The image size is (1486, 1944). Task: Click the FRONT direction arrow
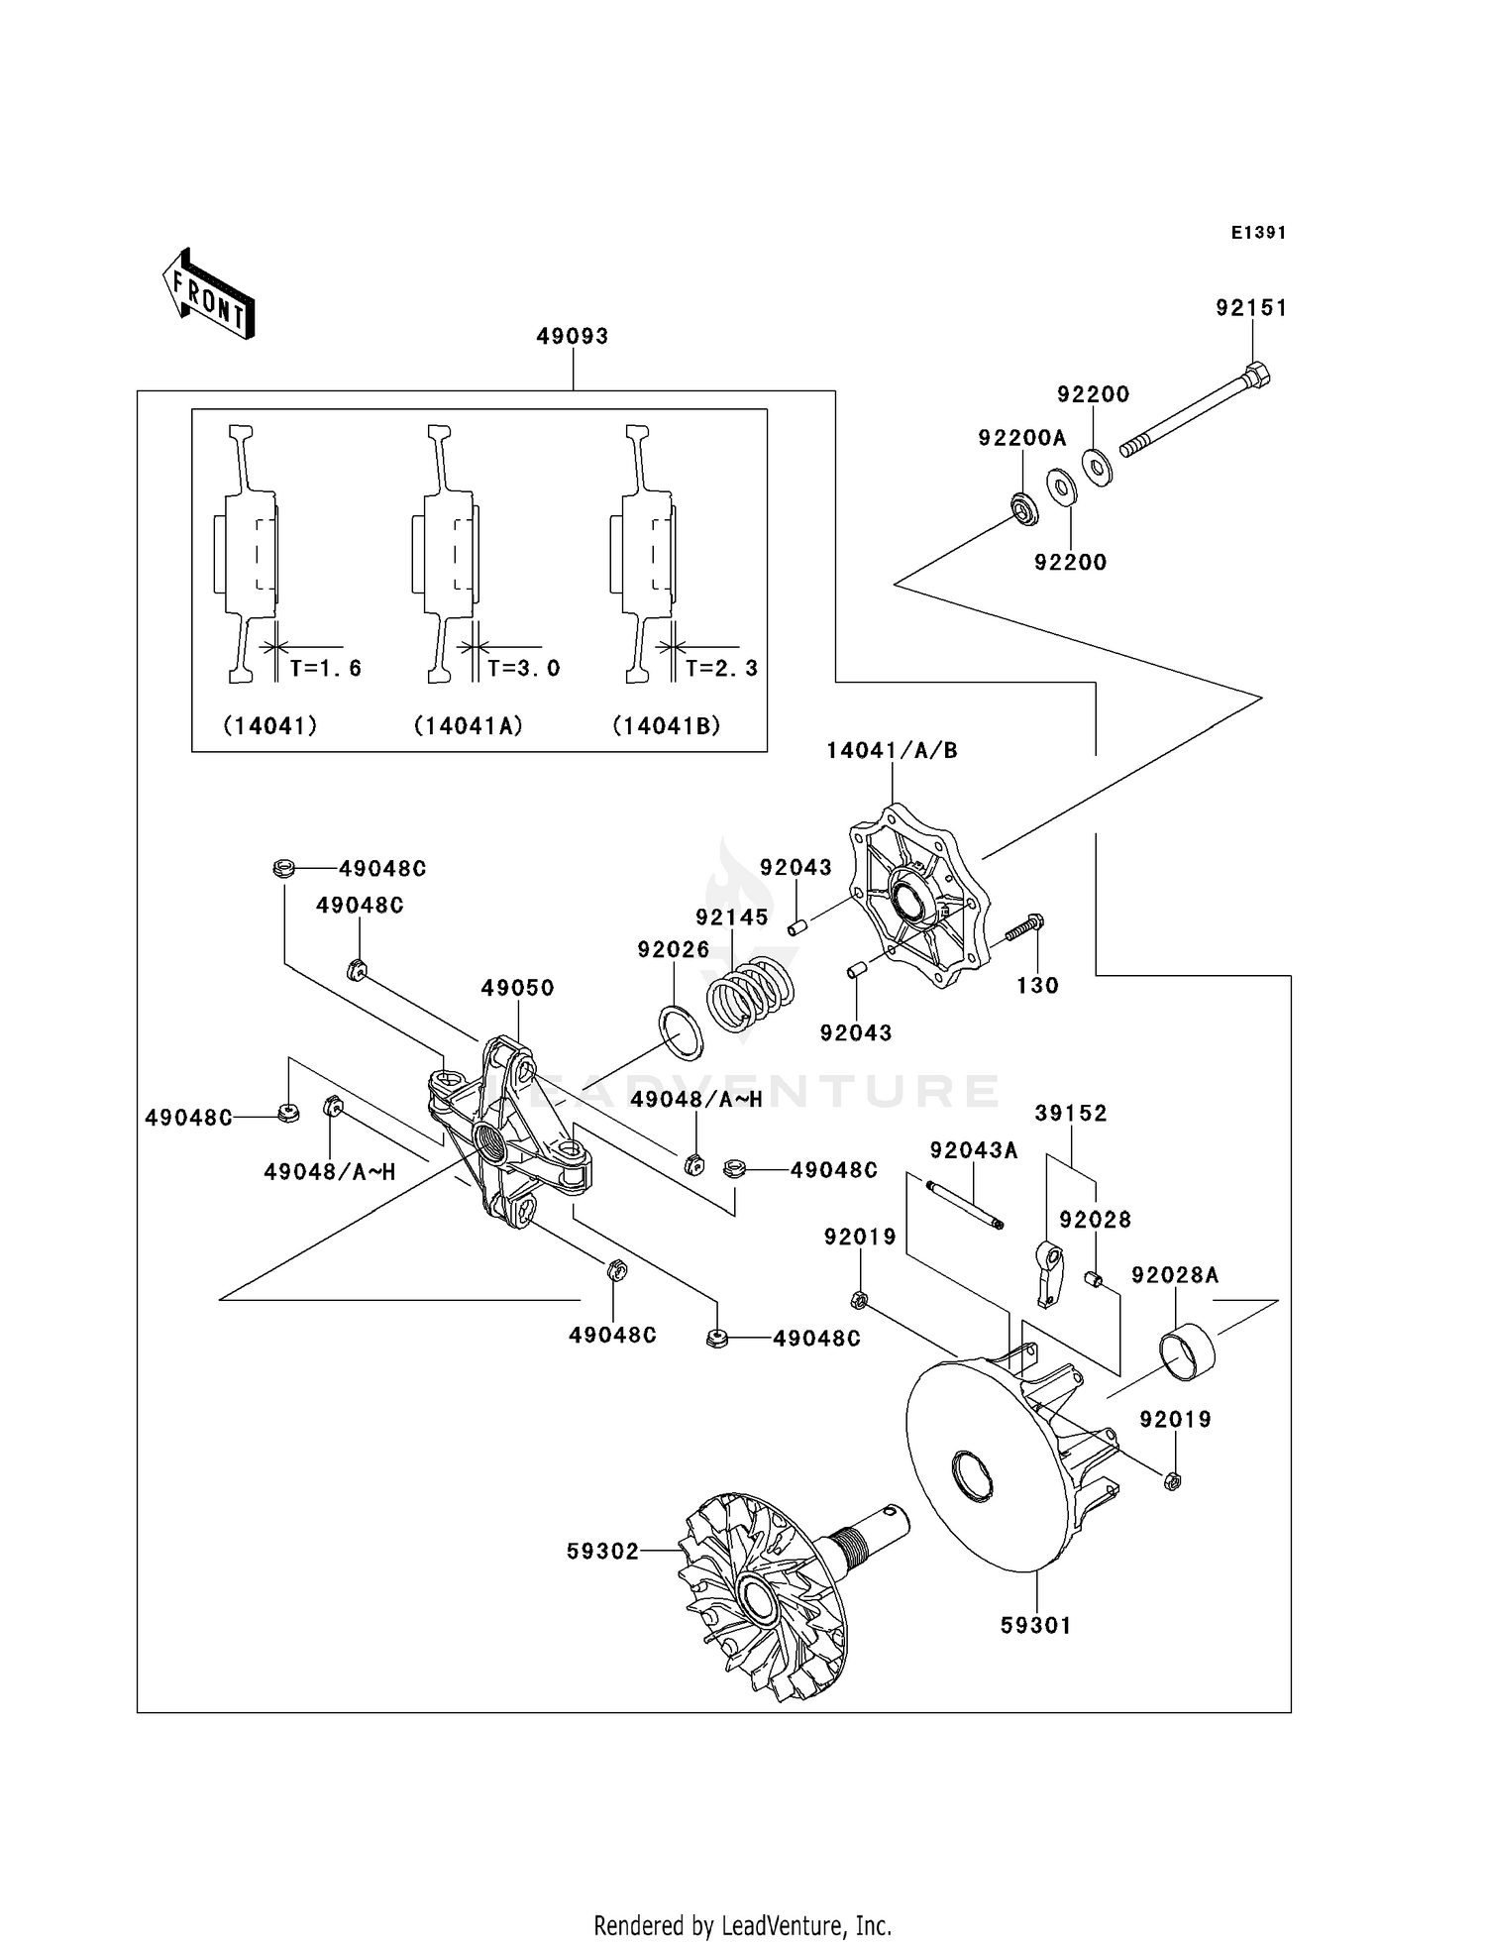coord(209,295)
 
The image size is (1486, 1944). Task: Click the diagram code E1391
coord(1258,233)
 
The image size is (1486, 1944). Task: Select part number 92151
coord(1251,308)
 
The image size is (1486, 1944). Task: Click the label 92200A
coord(1021,438)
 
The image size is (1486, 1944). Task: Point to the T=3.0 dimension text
coord(523,668)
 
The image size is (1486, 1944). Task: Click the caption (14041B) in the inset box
coord(666,725)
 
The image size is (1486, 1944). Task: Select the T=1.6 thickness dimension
coord(325,668)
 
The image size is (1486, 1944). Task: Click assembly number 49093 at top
coord(572,336)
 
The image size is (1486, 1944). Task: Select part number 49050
coord(517,988)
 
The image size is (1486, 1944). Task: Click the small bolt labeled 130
coord(1021,929)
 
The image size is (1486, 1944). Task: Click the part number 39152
coord(1070,1113)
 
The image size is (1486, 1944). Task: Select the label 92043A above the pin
coord(973,1150)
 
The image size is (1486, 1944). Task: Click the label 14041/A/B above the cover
coord(892,750)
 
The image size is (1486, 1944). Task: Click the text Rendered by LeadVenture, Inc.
coord(742,1925)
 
